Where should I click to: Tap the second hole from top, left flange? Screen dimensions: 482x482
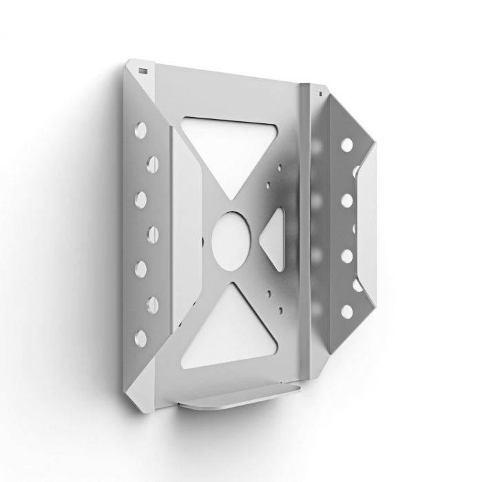click(151, 163)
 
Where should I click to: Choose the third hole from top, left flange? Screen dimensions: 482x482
click(142, 198)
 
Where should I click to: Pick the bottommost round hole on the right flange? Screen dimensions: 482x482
click(347, 311)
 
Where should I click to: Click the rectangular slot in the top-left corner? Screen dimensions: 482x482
click(142, 70)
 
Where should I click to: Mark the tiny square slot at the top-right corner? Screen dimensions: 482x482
click(319, 90)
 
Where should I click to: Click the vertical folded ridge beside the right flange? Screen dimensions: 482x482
click(303, 227)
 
